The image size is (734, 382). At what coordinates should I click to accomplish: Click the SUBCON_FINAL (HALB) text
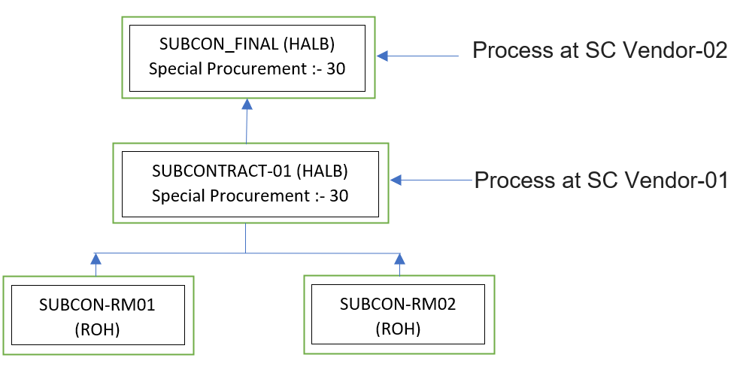247,44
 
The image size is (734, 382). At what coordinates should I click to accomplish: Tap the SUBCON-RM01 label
96,305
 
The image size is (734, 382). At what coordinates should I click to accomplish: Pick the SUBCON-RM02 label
398,305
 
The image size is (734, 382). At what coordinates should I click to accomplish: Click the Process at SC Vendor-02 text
599,51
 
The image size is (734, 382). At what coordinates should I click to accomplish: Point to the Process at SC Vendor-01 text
600,180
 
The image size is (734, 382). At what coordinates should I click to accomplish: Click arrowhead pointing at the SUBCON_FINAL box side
382,56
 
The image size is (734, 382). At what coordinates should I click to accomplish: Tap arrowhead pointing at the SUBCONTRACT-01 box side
396,180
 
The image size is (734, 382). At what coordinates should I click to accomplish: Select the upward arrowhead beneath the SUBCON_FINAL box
247,105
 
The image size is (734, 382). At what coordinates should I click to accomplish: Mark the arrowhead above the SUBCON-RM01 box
96,259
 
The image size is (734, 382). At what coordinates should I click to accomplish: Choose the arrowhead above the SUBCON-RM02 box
399,259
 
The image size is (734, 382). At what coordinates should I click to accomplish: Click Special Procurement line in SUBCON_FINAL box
247,68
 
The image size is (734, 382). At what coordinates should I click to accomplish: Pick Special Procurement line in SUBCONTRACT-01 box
250,196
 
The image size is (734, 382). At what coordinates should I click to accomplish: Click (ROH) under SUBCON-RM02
398,329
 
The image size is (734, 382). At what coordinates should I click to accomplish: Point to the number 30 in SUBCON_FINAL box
335,68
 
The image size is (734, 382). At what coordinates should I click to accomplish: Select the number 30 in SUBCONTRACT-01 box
338,196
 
